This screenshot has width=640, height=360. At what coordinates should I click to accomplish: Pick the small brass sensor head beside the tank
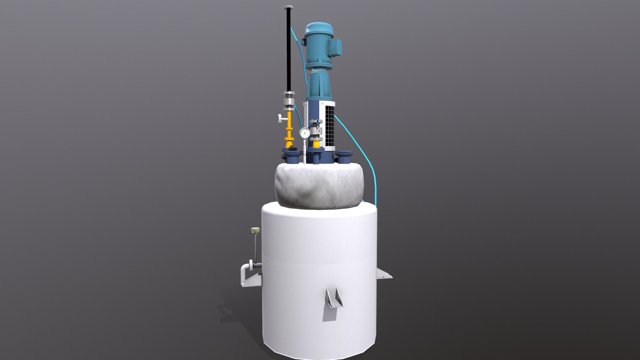pyautogui.click(x=255, y=230)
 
